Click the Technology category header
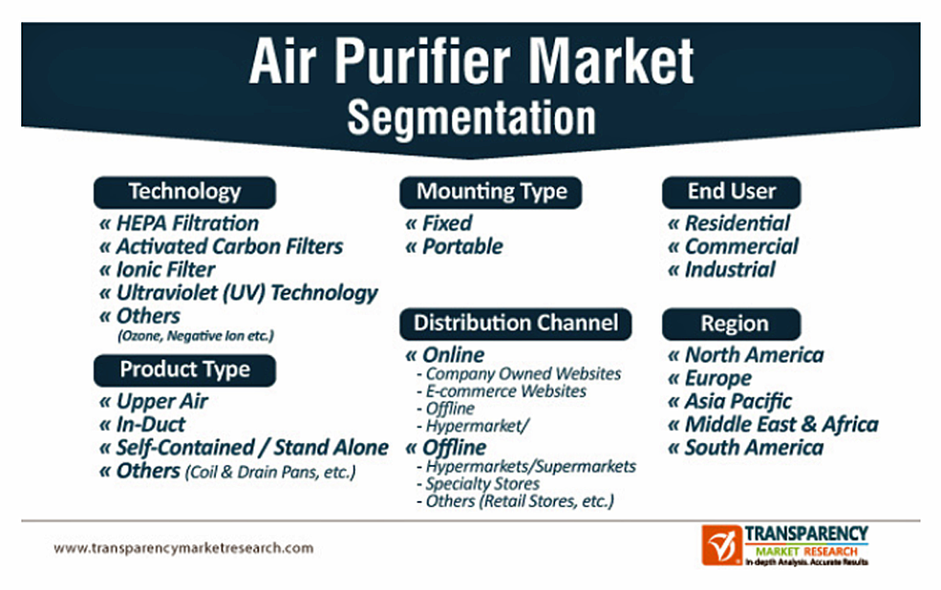point(185,192)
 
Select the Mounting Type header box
point(491,192)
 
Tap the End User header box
point(731,192)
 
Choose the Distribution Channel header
point(516,323)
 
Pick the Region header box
point(731,324)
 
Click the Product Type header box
point(185,370)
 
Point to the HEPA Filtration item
point(187,223)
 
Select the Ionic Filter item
point(165,269)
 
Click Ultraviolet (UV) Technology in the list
point(246,293)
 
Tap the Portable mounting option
point(462,246)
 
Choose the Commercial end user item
point(742,246)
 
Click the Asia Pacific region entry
point(738,401)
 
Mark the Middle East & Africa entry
point(781,425)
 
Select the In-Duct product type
point(150,425)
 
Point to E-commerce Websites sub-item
point(506,391)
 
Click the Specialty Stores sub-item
point(482,483)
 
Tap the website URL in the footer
point(184,548)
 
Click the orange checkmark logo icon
point(722,545)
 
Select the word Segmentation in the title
point(471,118)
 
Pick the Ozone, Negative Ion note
point(196,335)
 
